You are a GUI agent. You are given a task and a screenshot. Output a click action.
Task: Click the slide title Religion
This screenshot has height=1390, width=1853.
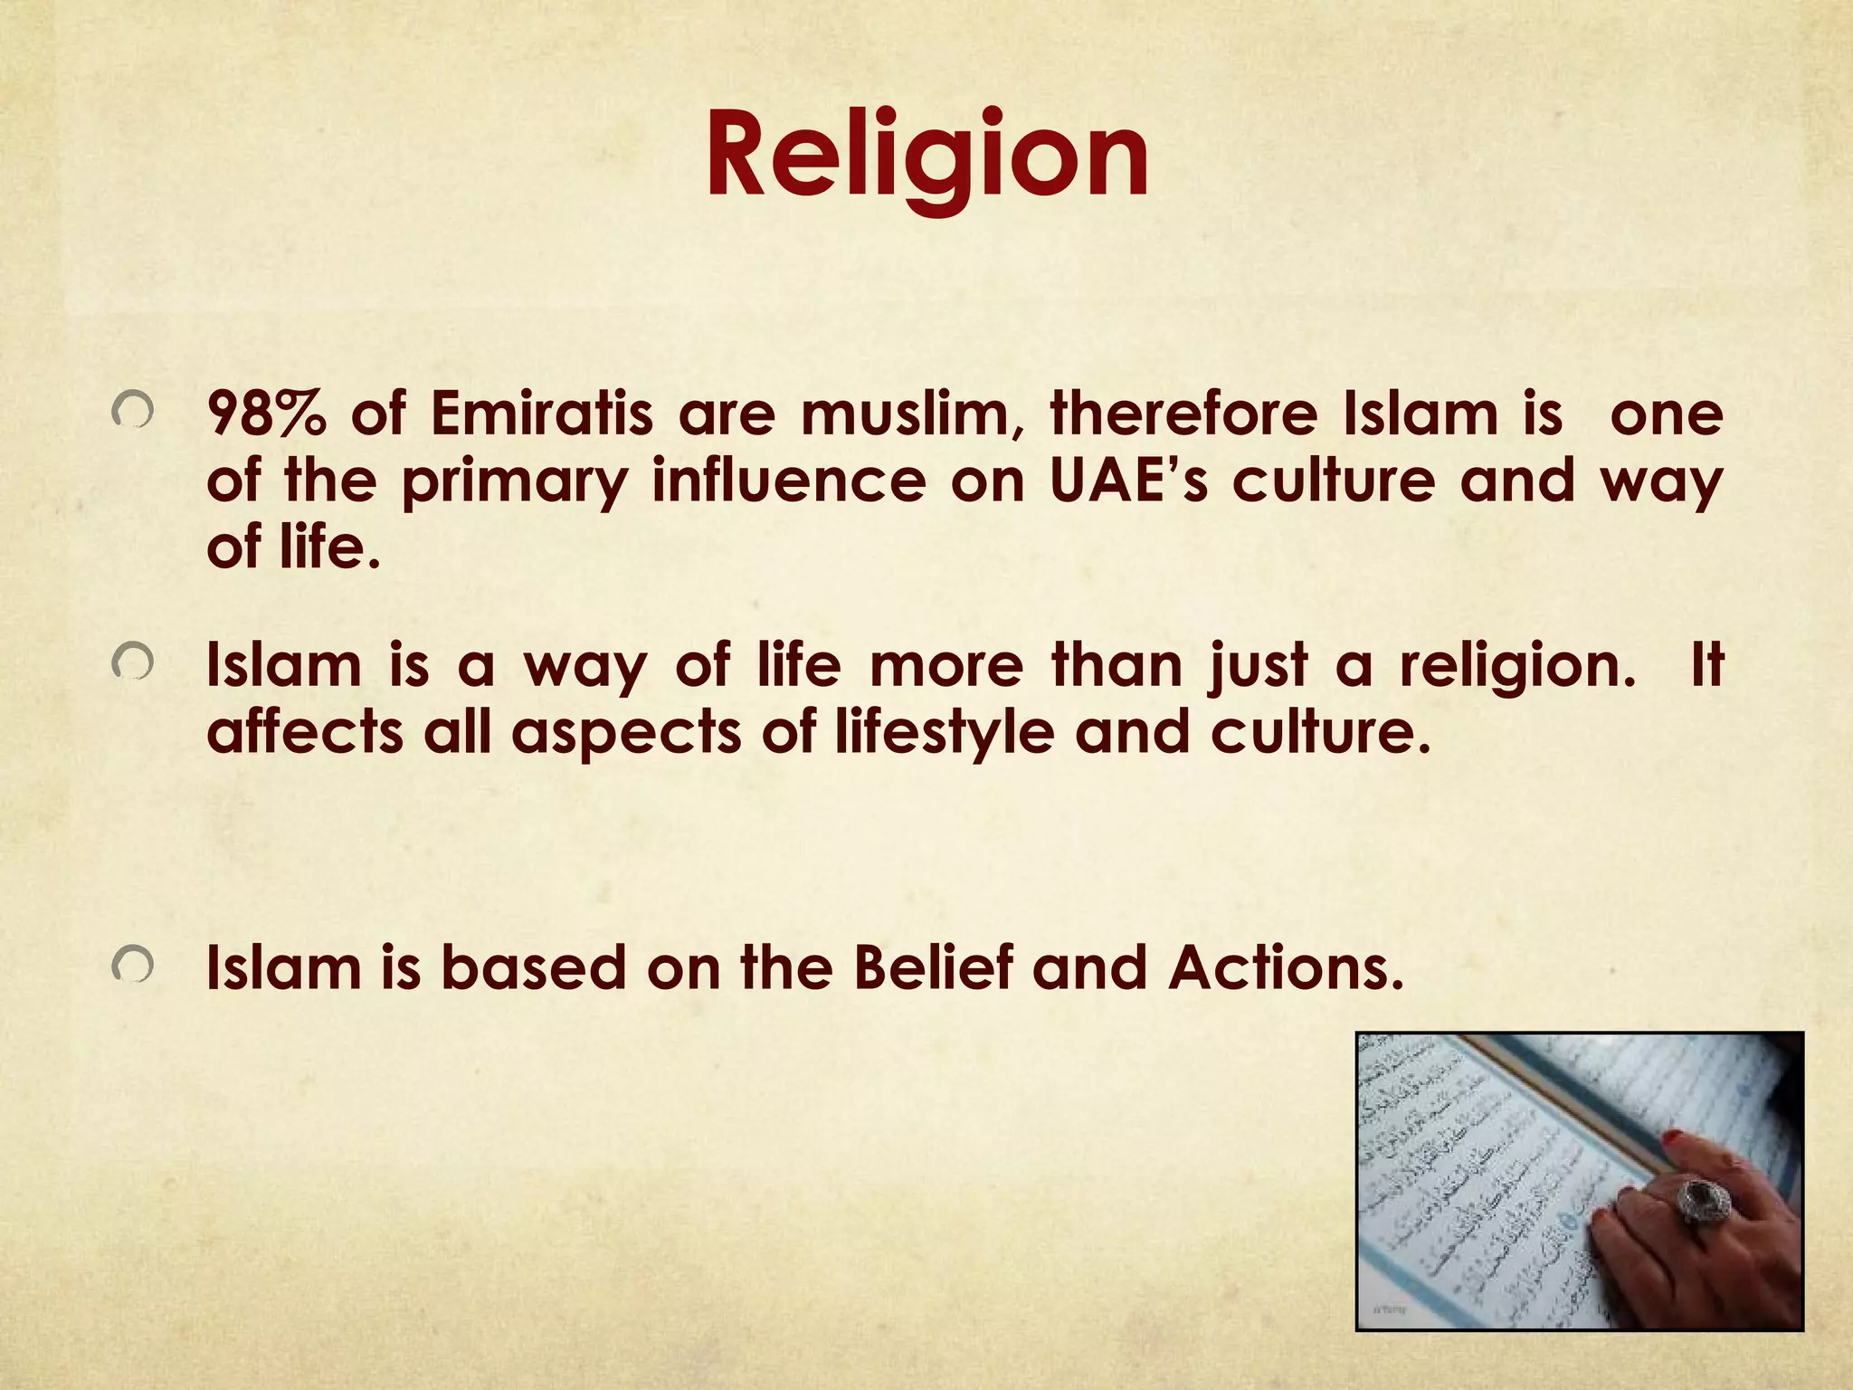(x=926, y=154)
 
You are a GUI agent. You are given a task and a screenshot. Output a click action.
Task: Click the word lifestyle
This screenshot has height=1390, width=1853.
(x=945, y=733)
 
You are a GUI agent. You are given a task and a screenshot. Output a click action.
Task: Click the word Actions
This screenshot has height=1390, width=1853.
(x=1285, y=967)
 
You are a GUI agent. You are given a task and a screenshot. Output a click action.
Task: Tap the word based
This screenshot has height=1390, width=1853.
(x=533, y=967)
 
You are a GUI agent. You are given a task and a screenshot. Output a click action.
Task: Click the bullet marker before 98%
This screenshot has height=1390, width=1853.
(x=132, y=414)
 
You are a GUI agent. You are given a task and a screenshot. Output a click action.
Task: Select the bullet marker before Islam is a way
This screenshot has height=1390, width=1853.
(x=132, y=665)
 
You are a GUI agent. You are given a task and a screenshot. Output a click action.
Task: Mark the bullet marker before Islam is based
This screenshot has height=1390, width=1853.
(x=132, y=966)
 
